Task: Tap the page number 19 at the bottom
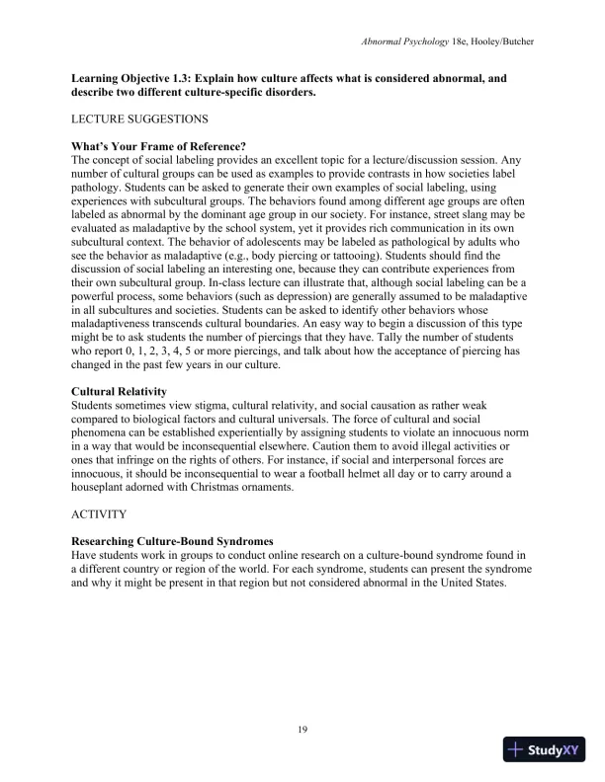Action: click(x=302, y=729)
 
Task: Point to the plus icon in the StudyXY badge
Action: click(x=515, y=749)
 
